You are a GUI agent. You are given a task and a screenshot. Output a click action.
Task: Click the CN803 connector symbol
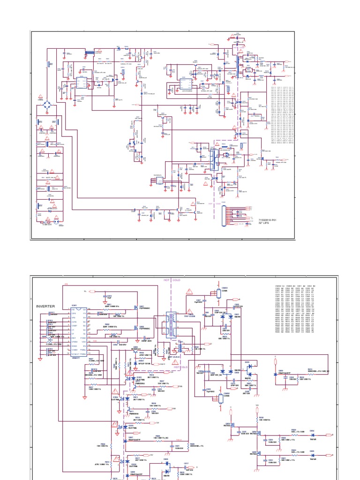point(219,293)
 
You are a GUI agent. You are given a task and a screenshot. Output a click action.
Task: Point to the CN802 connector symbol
point(220,399)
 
